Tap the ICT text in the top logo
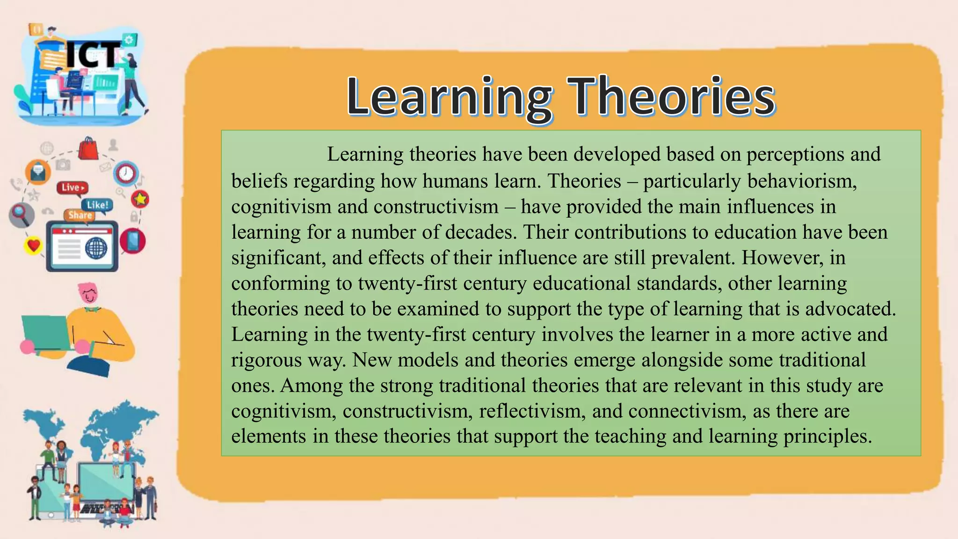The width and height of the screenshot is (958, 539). (94, 55)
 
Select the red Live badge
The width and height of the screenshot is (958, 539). (72, 188)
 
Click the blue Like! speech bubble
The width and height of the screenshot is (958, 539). (97, 205)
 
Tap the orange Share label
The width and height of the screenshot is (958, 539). (80, 215)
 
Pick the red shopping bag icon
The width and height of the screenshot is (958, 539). (88, 149)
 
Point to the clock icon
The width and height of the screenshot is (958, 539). (126, 174)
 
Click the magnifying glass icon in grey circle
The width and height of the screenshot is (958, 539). (21, 214)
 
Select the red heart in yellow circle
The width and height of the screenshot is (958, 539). (33, 245)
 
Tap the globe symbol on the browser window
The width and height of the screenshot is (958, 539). (96, 248)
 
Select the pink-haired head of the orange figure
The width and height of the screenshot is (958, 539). (88, 293)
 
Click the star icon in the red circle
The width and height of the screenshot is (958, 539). (140, 199)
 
